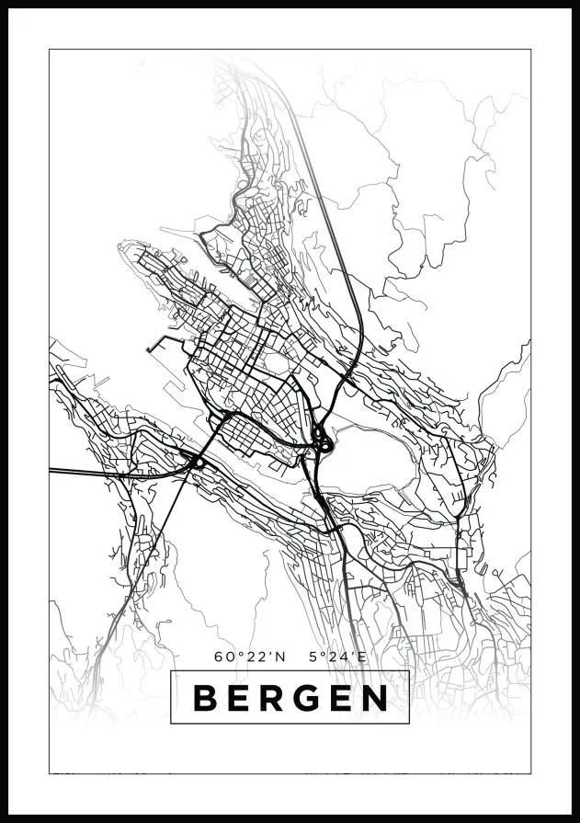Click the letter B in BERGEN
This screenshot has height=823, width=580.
(x=205, y=698)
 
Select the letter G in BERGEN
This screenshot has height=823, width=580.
(x=308, y=698)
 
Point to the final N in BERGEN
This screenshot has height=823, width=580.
(x=375, y=698)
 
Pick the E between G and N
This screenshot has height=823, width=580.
(x=342, y=698)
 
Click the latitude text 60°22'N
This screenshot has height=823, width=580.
(x=250, y=657)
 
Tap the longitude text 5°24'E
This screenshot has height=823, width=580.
(x=338, y=657)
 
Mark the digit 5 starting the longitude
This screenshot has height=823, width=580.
(x=314, y=657)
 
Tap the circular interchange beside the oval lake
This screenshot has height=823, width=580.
(x=323, y=443)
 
